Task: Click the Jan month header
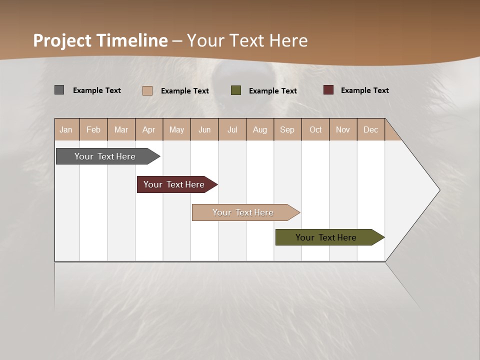tap(66, 130)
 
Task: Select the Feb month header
tap(93, 130)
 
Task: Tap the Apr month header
tap(148, 130)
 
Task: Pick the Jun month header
tap(204, 130)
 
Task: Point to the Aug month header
tap(259, 130)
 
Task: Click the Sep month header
tap(287, 130)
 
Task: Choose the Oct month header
tap(315, 130)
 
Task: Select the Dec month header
tap(370, 130)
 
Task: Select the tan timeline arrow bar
tap(243, 212)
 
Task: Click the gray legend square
tap(59, 90)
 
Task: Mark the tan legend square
tap(147, 90)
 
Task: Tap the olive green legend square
tap(236, 90)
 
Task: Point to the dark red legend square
tap(328, 90)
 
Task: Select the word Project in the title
tap(62, 40)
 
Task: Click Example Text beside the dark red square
tap(364, 90)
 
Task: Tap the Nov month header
tap(342, 130)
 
